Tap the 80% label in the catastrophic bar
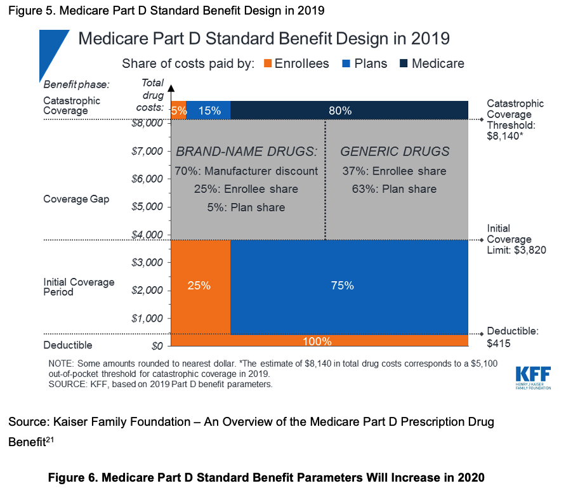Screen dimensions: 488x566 (340, 110)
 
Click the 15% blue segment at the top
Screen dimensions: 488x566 (209, 110)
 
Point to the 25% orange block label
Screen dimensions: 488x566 (199, 286)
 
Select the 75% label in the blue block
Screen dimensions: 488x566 (342, 286)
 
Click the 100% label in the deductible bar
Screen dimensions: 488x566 (317, 341)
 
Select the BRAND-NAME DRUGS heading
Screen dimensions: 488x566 (246, 152)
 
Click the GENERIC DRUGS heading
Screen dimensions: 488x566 (395, 152)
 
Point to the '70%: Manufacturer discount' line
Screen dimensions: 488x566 (246, 171)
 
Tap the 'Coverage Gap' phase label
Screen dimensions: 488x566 (76, 199)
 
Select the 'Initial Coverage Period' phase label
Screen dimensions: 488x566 (79, 287)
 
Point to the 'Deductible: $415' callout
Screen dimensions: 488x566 (512, 337)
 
